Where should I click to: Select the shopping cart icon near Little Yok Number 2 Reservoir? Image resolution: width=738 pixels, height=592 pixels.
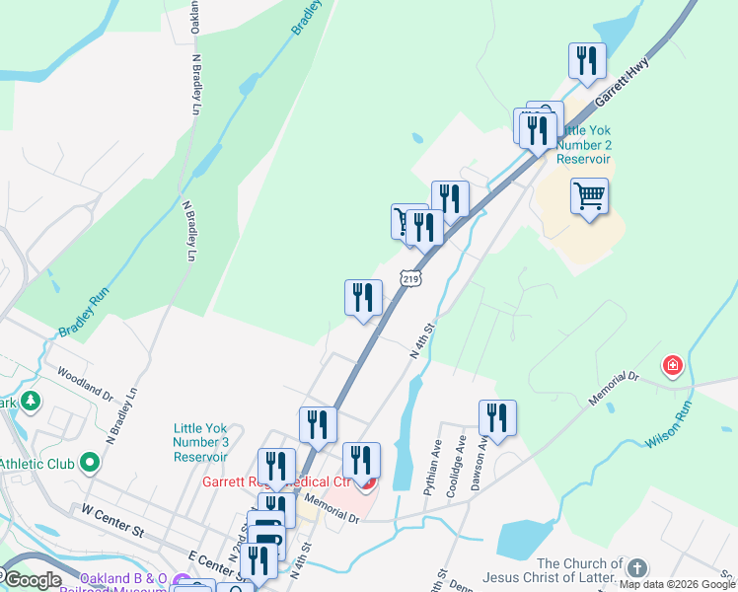click(589, 195)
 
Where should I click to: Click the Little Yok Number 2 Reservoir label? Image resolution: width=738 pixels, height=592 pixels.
click(585, 144)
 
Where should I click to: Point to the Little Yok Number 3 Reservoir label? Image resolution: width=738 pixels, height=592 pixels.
click(201, 442)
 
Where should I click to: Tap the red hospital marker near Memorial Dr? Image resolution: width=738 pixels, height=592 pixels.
click(673, 366)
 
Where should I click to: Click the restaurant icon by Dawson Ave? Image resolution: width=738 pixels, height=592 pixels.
click(497, 417)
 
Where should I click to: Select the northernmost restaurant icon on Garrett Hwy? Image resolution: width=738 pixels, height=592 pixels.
click(587, 61)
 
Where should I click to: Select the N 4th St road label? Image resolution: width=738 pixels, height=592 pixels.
click(421, 340)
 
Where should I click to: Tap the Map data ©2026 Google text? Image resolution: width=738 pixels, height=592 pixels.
click(678, 584)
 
